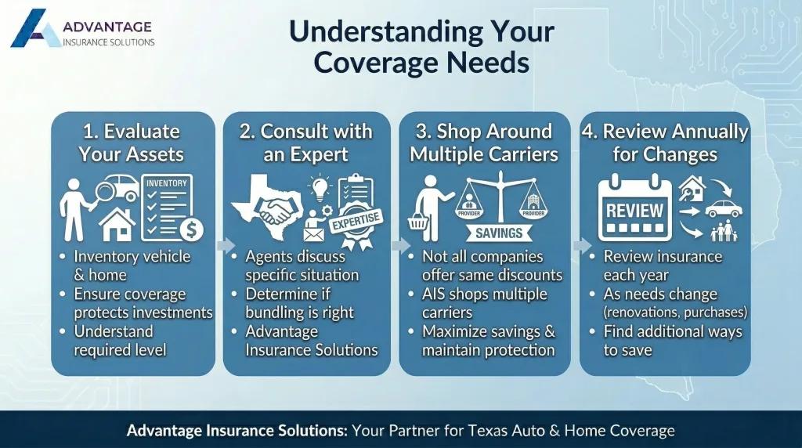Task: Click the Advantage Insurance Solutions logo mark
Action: (x=35, y=29)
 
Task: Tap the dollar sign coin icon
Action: (x=190, y=229)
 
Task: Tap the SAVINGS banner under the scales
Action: (x=498, y=233)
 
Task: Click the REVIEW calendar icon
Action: (x=635, y=210)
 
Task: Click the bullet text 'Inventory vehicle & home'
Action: (x=132, y=266)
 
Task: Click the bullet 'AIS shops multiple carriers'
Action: (x=483, y=303)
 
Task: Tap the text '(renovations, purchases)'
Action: (x=675, y=313)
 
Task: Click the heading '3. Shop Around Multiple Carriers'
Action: (x=484, y=143)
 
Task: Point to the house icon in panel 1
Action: (x=117, y=224)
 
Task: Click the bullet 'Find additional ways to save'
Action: (x=672, y=341)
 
